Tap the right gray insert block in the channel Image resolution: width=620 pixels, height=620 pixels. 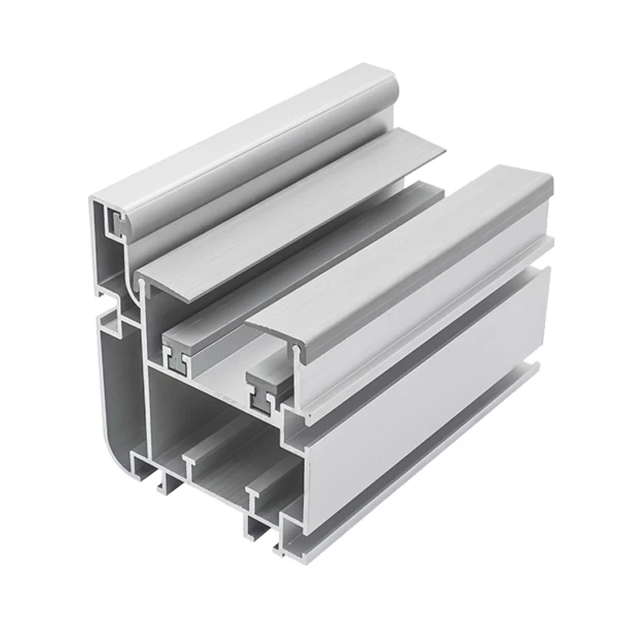click(267, 384)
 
